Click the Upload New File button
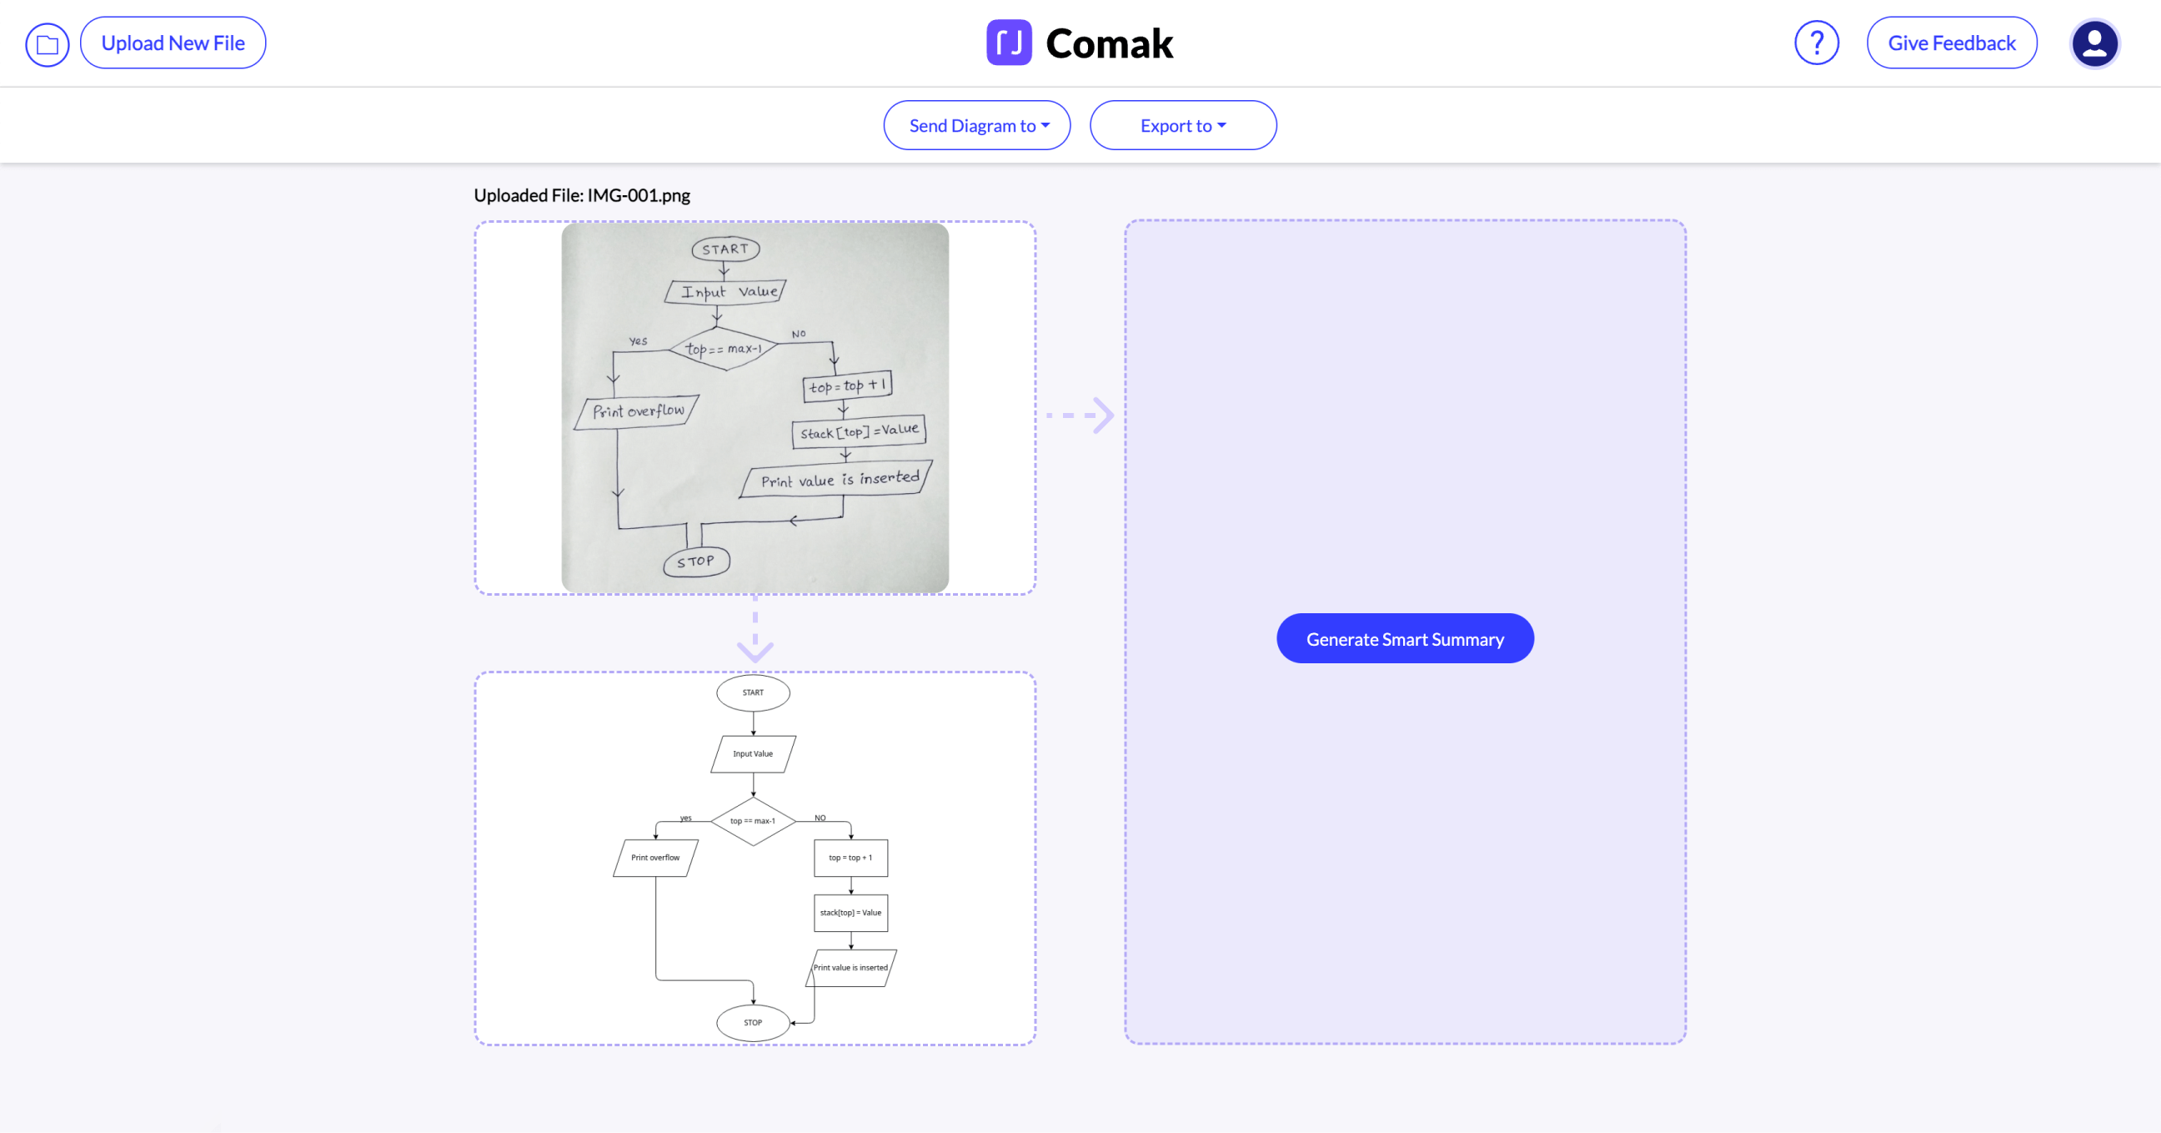(173, 43)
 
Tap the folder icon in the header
(47, 44)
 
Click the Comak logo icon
(1008, 43)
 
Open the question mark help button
(1816, 43)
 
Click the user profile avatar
(2094, 43)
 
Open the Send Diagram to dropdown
(976, 126)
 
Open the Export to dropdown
(1182, 126)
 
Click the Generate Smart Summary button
(1404, 639)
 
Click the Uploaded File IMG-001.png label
(581, 195)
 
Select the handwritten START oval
(725, 249)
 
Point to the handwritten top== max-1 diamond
(722, 348)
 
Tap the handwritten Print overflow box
(637, 411)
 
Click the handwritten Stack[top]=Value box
(858, 431)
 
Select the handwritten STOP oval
(695, 561)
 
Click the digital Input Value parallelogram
(753, 753)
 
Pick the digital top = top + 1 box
(850, 858)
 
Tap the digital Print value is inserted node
(850, 968)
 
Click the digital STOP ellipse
(753, 1022)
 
